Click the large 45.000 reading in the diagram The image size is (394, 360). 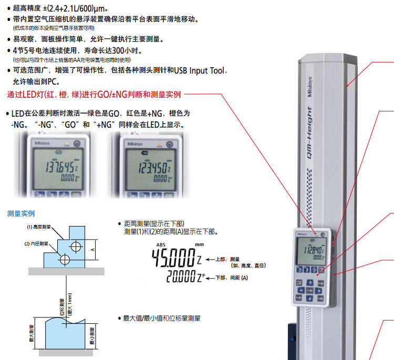click(x=173, y=259)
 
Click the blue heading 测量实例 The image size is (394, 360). click(x=21, y=213)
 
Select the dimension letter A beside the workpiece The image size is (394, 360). click(x=93, y=250)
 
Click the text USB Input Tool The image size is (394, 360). click(x=199, y=70)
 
